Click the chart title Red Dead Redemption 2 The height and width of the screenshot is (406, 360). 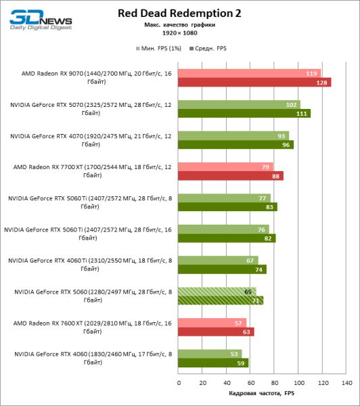(179, 13)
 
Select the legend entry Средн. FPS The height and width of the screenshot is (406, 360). (210, 49)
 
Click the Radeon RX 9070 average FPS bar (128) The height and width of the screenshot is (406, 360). (254, 83)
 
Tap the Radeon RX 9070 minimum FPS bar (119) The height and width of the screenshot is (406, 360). (249, 73)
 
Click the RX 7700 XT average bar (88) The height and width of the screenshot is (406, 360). (231, 176)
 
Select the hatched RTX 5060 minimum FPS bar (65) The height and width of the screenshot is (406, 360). (217, 291)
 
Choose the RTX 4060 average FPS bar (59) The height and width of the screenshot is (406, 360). (213, 363)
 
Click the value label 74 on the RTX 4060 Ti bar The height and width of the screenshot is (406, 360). (259, 269)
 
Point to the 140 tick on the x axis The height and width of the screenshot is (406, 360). (346, 382)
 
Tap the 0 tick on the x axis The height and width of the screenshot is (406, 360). (179, 382)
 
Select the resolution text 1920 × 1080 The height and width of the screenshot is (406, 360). (179, 32)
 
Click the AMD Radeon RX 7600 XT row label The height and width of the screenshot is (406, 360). (90, 327)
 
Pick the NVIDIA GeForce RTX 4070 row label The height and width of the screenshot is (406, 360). (90, 140)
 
